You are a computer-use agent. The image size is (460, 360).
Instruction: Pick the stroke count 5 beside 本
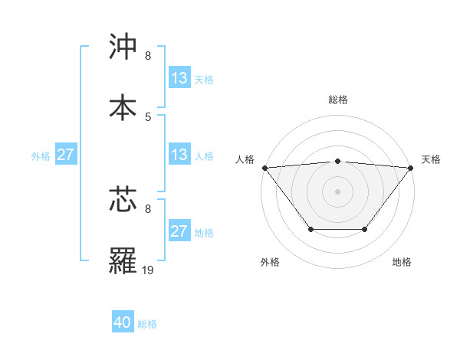pyautogui.click(x=148, y=116)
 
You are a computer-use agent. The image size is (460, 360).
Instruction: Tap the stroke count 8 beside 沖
pyautogui.click(x=148, y=55)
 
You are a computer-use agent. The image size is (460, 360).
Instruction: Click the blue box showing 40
pyautogui.click(x=123, y=323)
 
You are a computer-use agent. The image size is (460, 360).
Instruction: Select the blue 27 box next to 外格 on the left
pyautogui.click(x=65, y=155)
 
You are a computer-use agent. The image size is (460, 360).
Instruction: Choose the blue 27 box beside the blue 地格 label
pyautogui.click(x=179, y=231)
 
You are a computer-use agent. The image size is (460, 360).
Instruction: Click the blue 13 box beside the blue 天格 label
pyautogui.click(x=179, y=78)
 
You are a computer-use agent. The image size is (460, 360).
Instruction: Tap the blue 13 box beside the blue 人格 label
pyautogui.click(x=179, y=155)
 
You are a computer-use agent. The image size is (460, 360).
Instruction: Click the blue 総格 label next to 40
pyautogui.click(x=147, y=324)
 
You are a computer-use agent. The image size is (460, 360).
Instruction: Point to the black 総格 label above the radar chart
pyautogui.click(x=338, y=100)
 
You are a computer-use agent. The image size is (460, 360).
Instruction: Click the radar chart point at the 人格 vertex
pyautogui.click(x=264, y=168)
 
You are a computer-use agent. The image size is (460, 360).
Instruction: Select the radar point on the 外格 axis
pyautogui.click(x=310, y=229)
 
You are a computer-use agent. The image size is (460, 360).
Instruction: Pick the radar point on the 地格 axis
pyautogui.click(x=365, y=229)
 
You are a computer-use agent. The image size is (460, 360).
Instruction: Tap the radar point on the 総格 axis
pyautogui.click(x=338, y=161)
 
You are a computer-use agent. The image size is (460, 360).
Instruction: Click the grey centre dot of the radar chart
pyautogui.click(x=338, y=191)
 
